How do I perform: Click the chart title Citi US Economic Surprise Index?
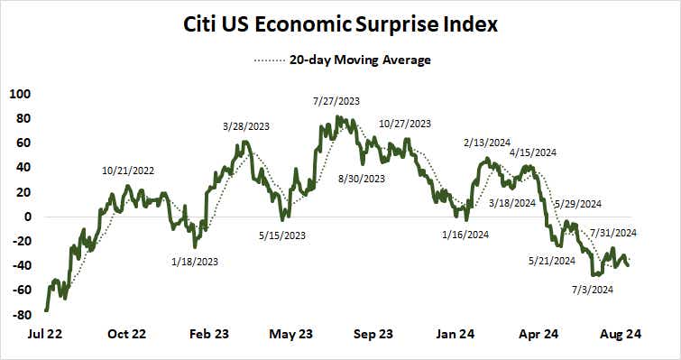point(340,23)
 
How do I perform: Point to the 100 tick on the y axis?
point(19,93)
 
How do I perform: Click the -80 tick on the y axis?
point(19,315)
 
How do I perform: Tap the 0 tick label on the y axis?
point(27,217)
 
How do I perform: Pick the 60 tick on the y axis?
point(22,143)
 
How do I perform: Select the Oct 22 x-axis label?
point(126,334)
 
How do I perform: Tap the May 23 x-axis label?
point(291,334)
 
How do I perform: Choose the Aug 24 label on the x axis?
point(621,334)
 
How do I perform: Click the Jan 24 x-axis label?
point(456,334)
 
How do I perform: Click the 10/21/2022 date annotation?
point(128,170)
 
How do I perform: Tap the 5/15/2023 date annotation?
point(281,235)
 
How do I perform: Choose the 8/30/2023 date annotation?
point(361,179)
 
